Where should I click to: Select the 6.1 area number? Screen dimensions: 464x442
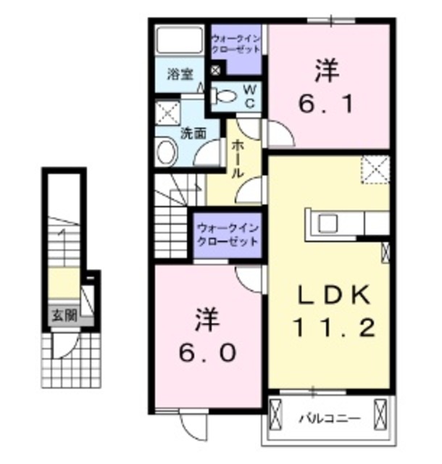[x=327, y=105]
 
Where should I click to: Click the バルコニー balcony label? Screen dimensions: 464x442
[x=325, y=418]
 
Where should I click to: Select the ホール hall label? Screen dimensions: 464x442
[x=238, y=159]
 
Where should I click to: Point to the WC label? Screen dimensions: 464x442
[x=249, y=95]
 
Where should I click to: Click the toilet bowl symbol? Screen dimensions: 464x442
[x=225, y=95]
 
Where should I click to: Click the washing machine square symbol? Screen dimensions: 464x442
[x=168, y=114]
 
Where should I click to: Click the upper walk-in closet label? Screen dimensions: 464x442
[x=236, y=41]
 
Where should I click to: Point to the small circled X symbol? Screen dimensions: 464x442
[x=215, y=70]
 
